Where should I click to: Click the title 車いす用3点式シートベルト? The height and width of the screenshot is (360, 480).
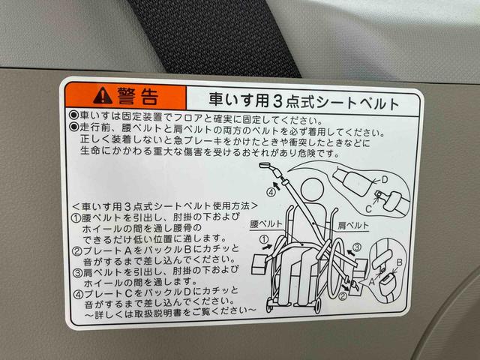tap(292, 97)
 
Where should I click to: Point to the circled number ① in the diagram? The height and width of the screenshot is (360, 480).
tap(263, 241)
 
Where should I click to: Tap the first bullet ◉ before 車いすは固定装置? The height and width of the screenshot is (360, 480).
tap(73, 118)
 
